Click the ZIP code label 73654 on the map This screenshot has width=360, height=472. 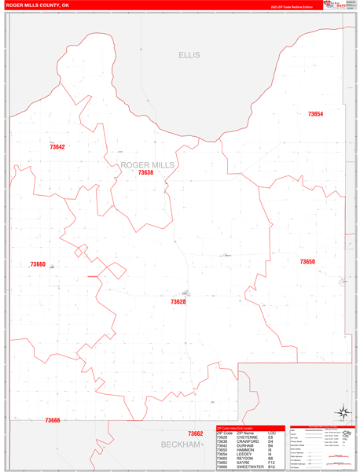[x=315, y=114]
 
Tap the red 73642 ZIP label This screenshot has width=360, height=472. [x=57, y=147]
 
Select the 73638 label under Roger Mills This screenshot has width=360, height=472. [x=145, y=172]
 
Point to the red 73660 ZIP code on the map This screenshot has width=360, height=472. [x=38, y=264]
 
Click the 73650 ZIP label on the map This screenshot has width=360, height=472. [x=307, y=261]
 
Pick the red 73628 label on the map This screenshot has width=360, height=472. [x=178, y=301]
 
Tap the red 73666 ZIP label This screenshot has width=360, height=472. [x=53, y=420]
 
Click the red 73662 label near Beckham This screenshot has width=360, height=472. [x=196, y=433]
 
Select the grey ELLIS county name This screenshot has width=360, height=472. [x=189, y=55]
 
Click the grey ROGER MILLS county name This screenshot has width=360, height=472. [x=148, y=164]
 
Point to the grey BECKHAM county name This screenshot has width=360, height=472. [x=182, y=445]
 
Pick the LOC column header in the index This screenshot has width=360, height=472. [x=271, y=433]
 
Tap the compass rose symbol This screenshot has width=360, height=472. [x=343, y=411]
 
